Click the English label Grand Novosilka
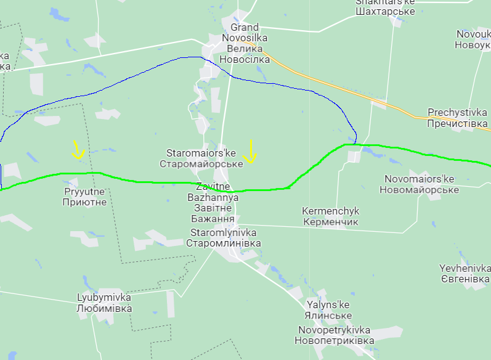coord(245,33)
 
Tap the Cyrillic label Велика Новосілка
coord(244,54)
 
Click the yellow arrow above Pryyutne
coord(78,150)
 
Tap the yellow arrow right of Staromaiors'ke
coord(250,152)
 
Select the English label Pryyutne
coord(85,191)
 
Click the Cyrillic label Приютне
coord(85,202)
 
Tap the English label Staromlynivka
coord(223,232)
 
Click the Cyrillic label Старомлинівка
coord(223,243)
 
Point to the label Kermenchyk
coord(330,211)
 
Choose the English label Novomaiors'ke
coord(419,179)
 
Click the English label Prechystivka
coord(457,113)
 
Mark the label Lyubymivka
coord(103,297)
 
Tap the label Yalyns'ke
coord(328,305)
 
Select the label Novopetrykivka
coord(334,330)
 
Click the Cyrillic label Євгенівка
coord(465,279)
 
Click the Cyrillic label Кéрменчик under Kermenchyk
coord(331,221)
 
